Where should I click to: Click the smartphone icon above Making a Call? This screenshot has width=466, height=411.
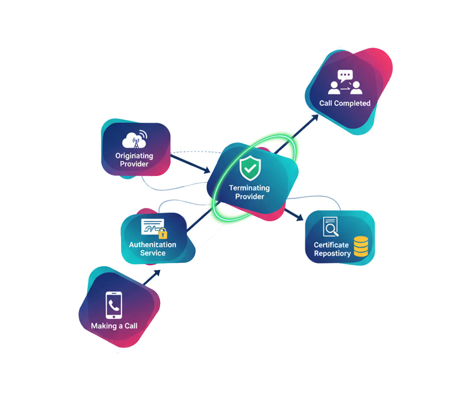coord(114,305)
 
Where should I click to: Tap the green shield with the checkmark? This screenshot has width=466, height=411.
coord(250,168)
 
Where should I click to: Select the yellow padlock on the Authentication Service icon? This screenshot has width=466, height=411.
coord(163,233)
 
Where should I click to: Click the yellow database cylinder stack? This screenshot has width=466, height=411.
coord(361,247)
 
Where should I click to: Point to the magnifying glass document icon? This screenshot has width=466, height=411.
coord(331,227)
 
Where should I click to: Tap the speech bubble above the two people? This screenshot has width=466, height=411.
coord(345,75)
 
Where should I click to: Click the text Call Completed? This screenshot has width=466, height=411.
coord(345,103)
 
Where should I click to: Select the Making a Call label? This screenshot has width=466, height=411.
coord(114,326)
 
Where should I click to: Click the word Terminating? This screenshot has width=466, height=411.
coord(249,188)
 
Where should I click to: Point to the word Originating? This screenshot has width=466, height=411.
coord(134,156)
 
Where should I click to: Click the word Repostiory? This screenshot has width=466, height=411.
coord(332,253)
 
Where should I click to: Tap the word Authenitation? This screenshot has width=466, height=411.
coord(153,244)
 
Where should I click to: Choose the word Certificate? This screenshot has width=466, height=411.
coord(331,245)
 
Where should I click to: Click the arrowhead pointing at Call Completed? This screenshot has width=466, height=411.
coord(315,118)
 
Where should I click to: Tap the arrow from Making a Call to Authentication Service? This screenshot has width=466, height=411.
coord(152,277)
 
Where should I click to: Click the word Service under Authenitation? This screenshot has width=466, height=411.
coord(153,253)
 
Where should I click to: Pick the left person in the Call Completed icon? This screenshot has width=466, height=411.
coord(334,88)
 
